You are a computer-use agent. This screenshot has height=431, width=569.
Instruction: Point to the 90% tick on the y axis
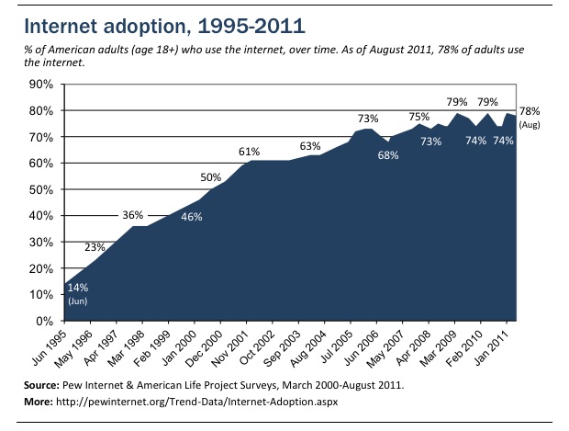(42, 85)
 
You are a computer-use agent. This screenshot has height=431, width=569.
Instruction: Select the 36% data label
(133, 215)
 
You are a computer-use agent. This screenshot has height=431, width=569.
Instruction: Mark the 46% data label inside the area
(191, 217)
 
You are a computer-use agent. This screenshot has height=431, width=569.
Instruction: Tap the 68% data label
(387, 155)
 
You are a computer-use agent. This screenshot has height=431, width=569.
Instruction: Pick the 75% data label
(419, 117)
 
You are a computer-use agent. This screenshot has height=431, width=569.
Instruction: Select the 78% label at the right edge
(530, 110)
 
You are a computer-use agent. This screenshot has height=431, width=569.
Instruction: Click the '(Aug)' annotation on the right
(530, 123)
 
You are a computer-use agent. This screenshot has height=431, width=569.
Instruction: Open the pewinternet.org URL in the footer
(201, 403)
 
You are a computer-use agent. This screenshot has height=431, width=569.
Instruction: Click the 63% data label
(309, 145)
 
